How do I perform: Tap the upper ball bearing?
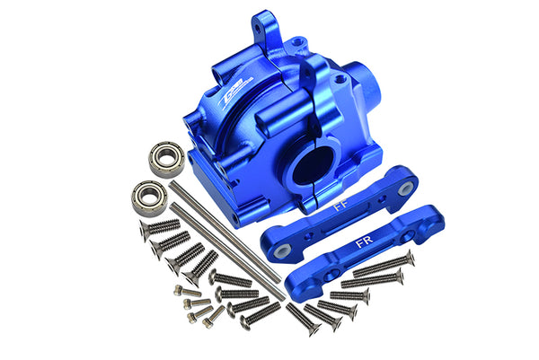click(166, 155)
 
